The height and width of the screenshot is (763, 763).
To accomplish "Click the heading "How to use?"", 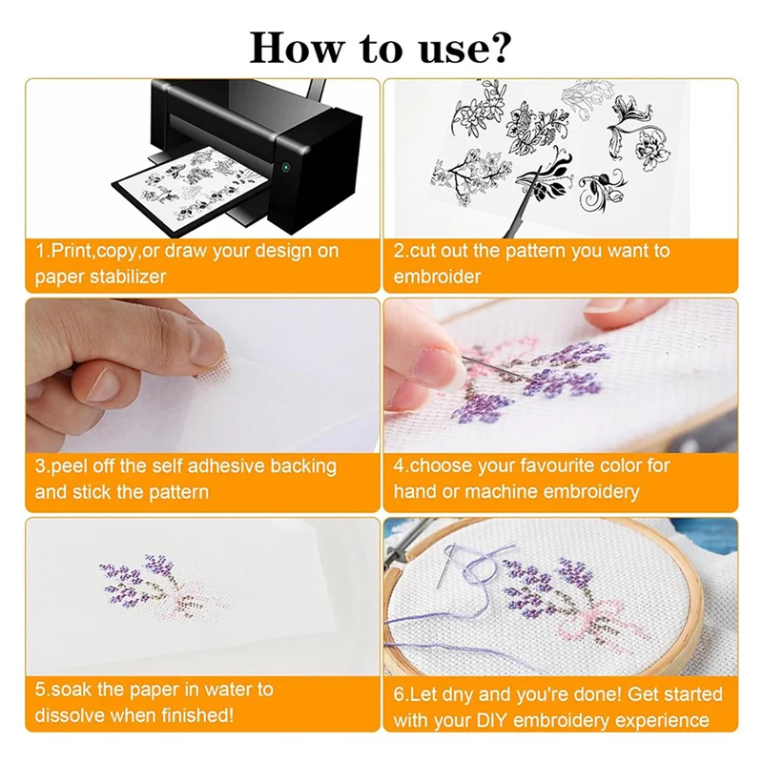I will pyautogui.click(x=381, y=45).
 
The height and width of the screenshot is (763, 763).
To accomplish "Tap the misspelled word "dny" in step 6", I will pyautogui.click(x=453, y=694).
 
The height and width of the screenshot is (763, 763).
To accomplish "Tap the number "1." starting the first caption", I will pyautogui.click(x=43, y=252).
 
